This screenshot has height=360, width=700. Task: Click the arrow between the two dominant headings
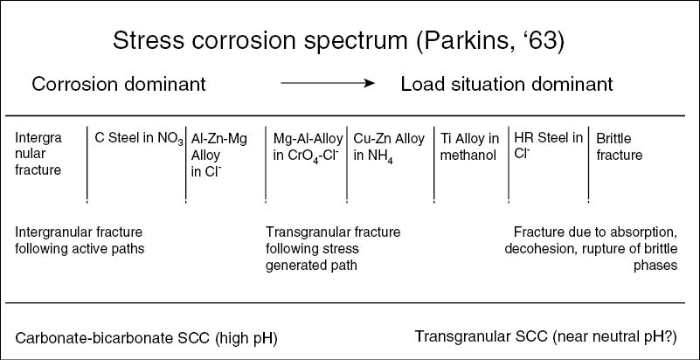pyautogui.click(x=328, y=85)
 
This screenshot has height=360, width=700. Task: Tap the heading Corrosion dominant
pyautogui.click(x=119, y=85)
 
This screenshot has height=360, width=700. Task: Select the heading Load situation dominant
pyautogui.click(x=506, y=85)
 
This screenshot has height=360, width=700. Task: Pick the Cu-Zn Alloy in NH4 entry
pyautogui.click(x=388, y=146)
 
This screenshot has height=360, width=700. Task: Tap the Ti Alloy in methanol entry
pyautogui.click(x=471, y=146)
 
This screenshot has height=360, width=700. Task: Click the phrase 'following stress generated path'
pyautogui.click(x=324, y=256)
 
